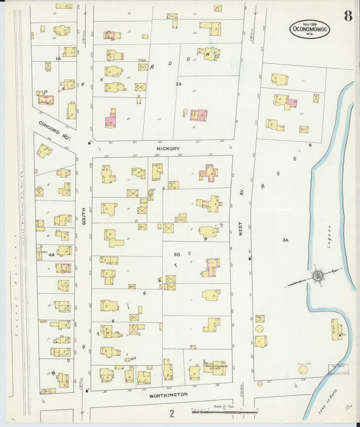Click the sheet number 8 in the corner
point(347,16)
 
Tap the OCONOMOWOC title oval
point(310,29)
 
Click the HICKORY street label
point(163,147)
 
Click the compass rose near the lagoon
point(315,276)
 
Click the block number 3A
point(286,239)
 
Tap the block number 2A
point(178,84)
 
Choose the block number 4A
point(51,255)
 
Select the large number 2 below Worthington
point(172,413)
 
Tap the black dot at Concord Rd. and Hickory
point(88,143)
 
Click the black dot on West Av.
point(249,257)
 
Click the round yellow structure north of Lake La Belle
point(303,370)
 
